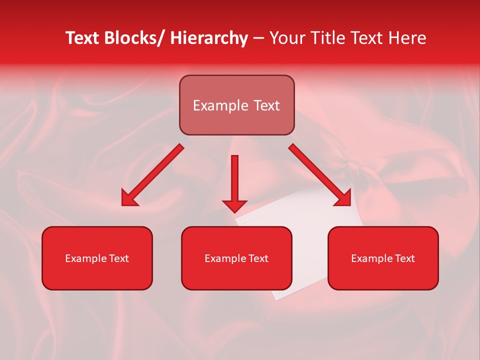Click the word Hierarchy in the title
click(209, 38)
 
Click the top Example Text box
click(236, 105)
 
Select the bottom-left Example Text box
click(97, 258)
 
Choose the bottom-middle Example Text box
click(236, 258)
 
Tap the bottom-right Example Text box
click(383, 258)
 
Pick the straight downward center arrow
click(234, 180)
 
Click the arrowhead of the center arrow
click(234, 205)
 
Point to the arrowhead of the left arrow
click(129, 199)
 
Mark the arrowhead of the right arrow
click(343, 199)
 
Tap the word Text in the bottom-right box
click(404, 258)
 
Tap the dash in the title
click(258, 38)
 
